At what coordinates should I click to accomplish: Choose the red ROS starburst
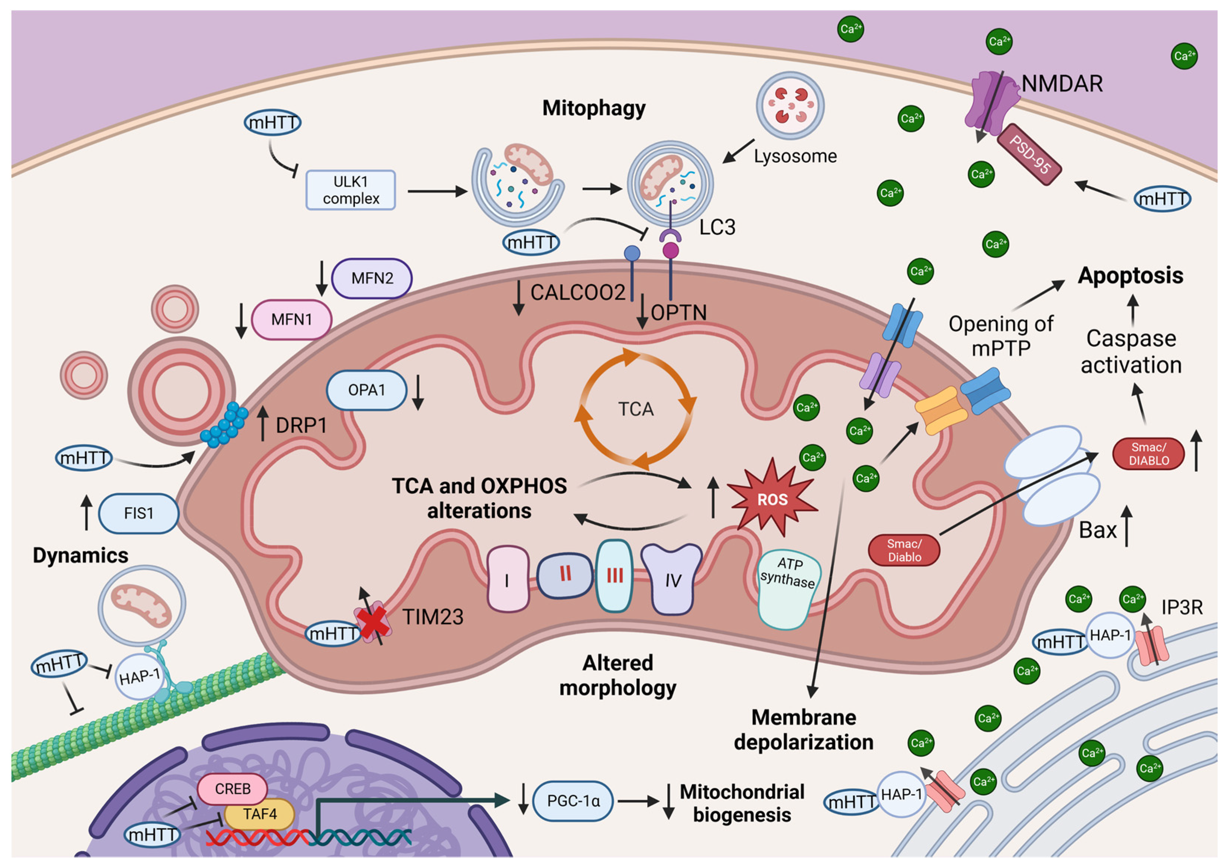click(x=772, y=498)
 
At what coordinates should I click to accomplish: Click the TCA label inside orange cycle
click(x=635, y=409)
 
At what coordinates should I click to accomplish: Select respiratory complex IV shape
click(x=672, y=580)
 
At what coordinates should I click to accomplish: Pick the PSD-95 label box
click(x=1029, y=155)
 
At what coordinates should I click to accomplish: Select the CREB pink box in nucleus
click(x=232, y=789)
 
